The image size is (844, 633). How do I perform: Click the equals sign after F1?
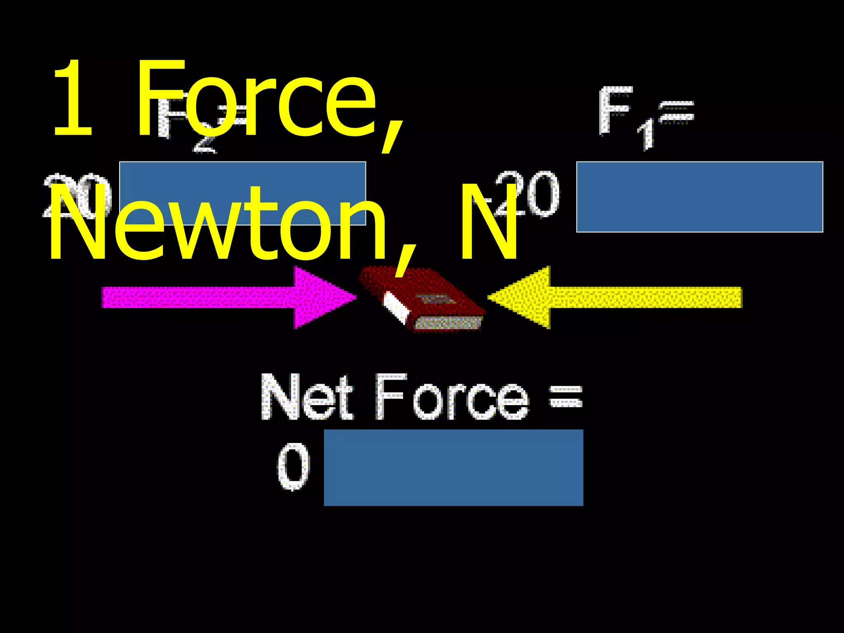coord(676,113)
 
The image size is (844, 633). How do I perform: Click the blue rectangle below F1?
coord(699,197)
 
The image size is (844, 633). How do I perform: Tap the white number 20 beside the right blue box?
coord(532,194)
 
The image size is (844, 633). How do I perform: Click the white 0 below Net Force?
coord(293,467)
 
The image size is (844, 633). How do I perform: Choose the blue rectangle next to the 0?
coord(453,468)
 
